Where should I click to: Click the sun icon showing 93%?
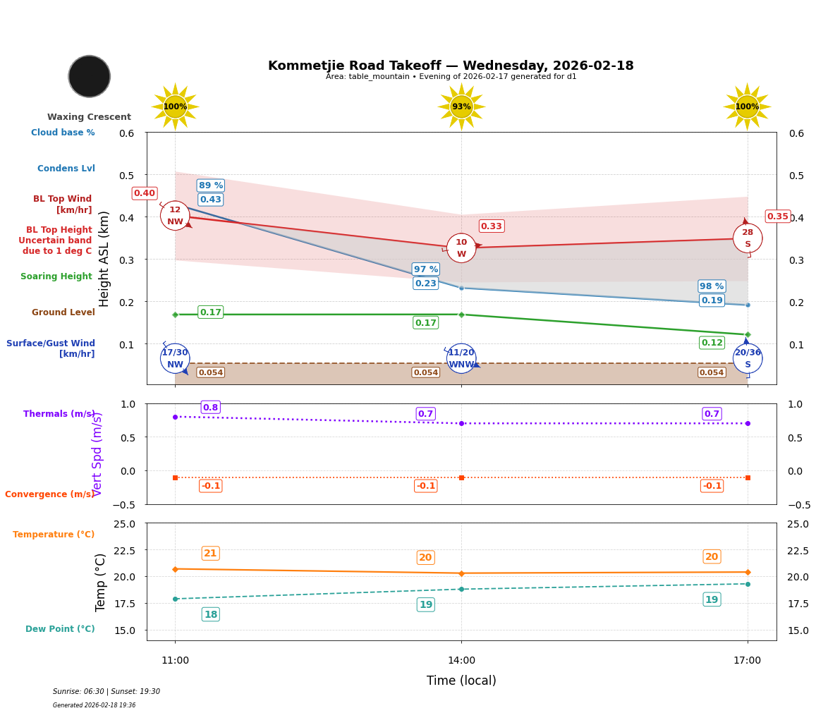point(461,106)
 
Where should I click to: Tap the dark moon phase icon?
point(90,76)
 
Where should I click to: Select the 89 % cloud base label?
point(211,185)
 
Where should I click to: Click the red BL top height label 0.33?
point(491,226)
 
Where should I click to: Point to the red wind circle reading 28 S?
point(747,238)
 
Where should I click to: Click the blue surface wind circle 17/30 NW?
point(175,358)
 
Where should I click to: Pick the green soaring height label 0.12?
point(712,343)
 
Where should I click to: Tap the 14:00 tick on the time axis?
point(461,660)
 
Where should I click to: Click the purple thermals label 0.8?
point(210,407)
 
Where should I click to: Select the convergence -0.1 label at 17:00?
point(712,486)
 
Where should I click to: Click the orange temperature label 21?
point(210,553)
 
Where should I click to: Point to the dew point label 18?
point(210,614)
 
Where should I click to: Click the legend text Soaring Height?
point(56,276)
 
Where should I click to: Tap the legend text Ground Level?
point(63,312)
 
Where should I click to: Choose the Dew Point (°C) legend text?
point(60,629)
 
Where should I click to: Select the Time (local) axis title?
point(461,681)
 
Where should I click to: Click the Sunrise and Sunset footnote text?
point(106,691)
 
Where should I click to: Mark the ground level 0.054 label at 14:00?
point(426,372)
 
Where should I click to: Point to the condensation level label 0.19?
point(712,300)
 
